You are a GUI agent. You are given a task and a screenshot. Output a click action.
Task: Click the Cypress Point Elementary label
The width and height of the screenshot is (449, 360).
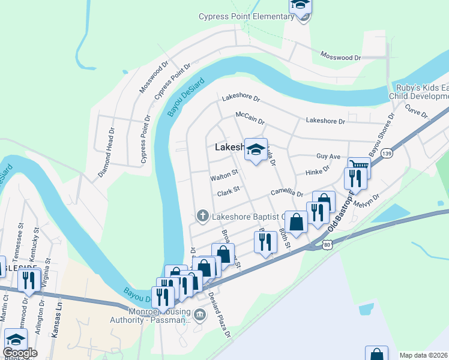click(x=247, y=16)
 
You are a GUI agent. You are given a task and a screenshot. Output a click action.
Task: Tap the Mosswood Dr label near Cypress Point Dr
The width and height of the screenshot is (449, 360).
click(x=154, y=77)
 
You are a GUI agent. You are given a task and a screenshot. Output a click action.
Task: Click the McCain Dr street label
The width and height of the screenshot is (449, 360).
click(x=250, y=117)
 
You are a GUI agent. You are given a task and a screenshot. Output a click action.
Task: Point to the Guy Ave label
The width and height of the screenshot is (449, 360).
click(x=328, y=156)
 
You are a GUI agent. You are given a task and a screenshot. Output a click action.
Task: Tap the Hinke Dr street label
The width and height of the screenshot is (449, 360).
click(x=318, y=172)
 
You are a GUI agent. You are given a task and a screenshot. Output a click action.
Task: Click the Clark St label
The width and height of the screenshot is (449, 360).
click(x=229, y=193)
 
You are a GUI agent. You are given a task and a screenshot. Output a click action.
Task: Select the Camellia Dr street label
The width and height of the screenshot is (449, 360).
click(x=286, y=192)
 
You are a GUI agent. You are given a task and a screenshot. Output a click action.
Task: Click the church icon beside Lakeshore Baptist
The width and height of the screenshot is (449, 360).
click(x=203, y=215)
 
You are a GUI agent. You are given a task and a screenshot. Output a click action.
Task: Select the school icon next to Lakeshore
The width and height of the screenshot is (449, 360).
click(x=256, y=150)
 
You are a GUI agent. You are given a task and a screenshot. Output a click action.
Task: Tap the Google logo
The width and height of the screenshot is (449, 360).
click(x=20, y=353)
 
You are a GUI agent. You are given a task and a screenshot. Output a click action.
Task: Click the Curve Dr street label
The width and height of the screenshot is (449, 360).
click(x=415, y=110)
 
